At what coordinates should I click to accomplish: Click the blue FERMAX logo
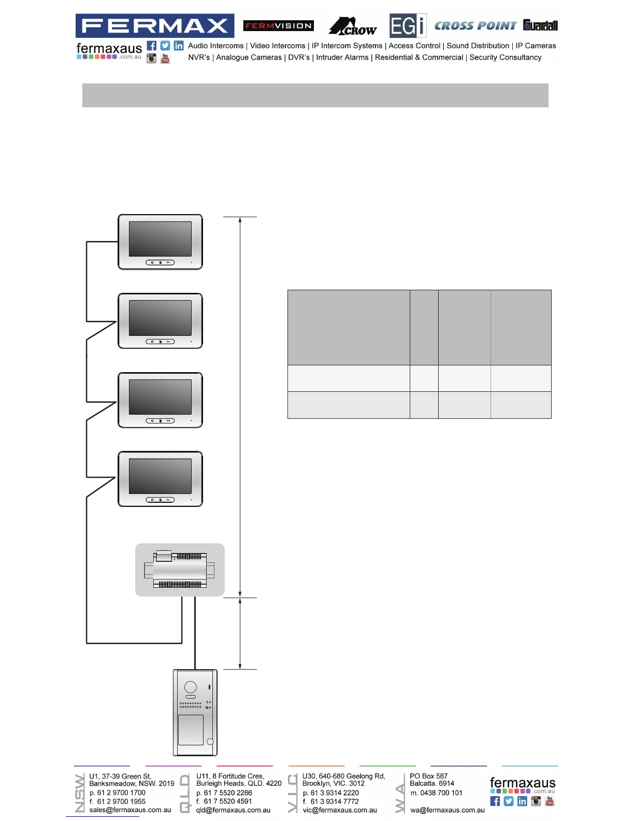click(154, 25)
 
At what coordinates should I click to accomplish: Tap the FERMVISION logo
click(278, 25)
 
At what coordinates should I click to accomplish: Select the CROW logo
click(353, 26)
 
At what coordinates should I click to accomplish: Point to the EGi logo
click(408, 26)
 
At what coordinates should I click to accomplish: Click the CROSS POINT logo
click(475, 25)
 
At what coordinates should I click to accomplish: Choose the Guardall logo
click(540, 25)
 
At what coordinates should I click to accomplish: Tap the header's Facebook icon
click(151, 46)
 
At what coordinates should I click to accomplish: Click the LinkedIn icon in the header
click(179, 46)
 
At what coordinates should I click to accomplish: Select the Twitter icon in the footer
click(509, 801)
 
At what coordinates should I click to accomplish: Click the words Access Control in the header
click(414, 46)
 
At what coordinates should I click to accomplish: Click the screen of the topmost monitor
click(160, 239)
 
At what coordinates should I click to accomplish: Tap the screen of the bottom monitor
click(160, 476)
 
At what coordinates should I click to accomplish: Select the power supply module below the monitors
click(180, 570)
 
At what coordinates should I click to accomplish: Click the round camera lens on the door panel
click(191, 687)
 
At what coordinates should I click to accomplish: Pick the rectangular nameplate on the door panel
click(191, 730)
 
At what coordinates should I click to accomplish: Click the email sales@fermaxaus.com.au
click(130, 810)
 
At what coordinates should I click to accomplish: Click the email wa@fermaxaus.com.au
click(448, 810)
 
